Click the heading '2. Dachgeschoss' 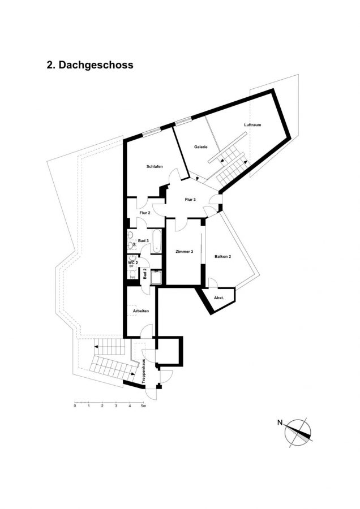pyautogui.click(x=90, y=65)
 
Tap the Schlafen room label pyautogui.click(x=155, y=166)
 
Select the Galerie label pyautogui.click(x=201, y=146)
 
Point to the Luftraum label pyautogui.click(x=252, y=124)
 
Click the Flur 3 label pyautogui.click(x=190, y=200)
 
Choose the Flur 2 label pyautogui.click(x=145, y=213)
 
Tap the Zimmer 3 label pyautogui.click(x=184, y=252)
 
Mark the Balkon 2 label pyautogui.click(x=222, y=256)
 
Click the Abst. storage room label pyautogui.click(x=218, y=297)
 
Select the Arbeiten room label pyautogui.click(x=141, y=311)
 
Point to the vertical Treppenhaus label pyautogui.click(x=143, y=372)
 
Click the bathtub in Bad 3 pyautogui.click(x=157, y=241)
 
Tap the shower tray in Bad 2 pyautogui.click(x=156, y=277)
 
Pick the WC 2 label pyautogui.click(x=133, y=262)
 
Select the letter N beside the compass pyautogui.click(x=280, y=422)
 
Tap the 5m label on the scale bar pyautogui.click(x=143, y=406)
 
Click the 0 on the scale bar pyautogui.click(x=75, y=406)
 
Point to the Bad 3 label pyautogui.click(x=143, y=241)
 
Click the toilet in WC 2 pyautogui.click(x=132, y=275)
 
